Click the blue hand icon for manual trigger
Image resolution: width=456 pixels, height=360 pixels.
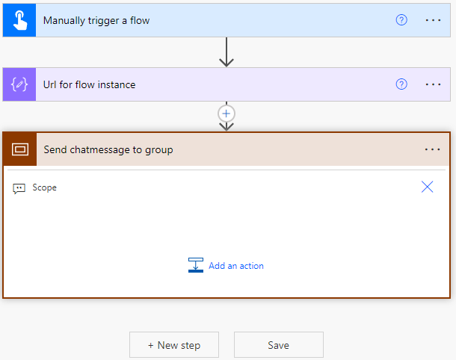click(x=19, y=20)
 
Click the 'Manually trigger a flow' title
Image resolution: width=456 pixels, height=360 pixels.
click(x=96, y=21)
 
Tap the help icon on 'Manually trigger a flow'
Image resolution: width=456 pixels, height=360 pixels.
click(x=401, y=20)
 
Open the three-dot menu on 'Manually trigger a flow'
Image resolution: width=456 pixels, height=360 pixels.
click(x=433, y=20)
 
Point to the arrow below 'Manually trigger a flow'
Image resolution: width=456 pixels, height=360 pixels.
click(x=227, y=52)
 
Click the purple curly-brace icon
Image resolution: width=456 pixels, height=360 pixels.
click(x=19, y=84)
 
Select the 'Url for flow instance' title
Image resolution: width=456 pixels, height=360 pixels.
click(x=89, y=85)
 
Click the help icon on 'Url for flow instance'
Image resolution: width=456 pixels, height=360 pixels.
click(x=401, y=84)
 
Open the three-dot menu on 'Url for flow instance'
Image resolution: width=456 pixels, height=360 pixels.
click(x=433, y=84)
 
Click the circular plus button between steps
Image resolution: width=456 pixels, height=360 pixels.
click(x=227, y=114)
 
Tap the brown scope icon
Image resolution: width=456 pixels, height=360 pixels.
click(x=20, y=149)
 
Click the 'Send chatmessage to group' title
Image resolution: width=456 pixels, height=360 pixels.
click(x=108, y=150)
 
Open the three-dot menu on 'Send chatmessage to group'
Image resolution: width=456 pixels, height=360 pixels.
click(x=432, y=149)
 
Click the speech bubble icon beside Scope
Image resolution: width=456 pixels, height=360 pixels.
click(x=19, y=188)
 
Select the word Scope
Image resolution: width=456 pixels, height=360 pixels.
click(x=45, y=187)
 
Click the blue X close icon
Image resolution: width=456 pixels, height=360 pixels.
click(x=427, y=187)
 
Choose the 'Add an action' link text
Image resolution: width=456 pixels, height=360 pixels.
click(x=236, y=266)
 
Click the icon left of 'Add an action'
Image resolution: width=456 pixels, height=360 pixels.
click(x=196, y=265)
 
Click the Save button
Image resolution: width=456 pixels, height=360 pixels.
click(x=279, y=345)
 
